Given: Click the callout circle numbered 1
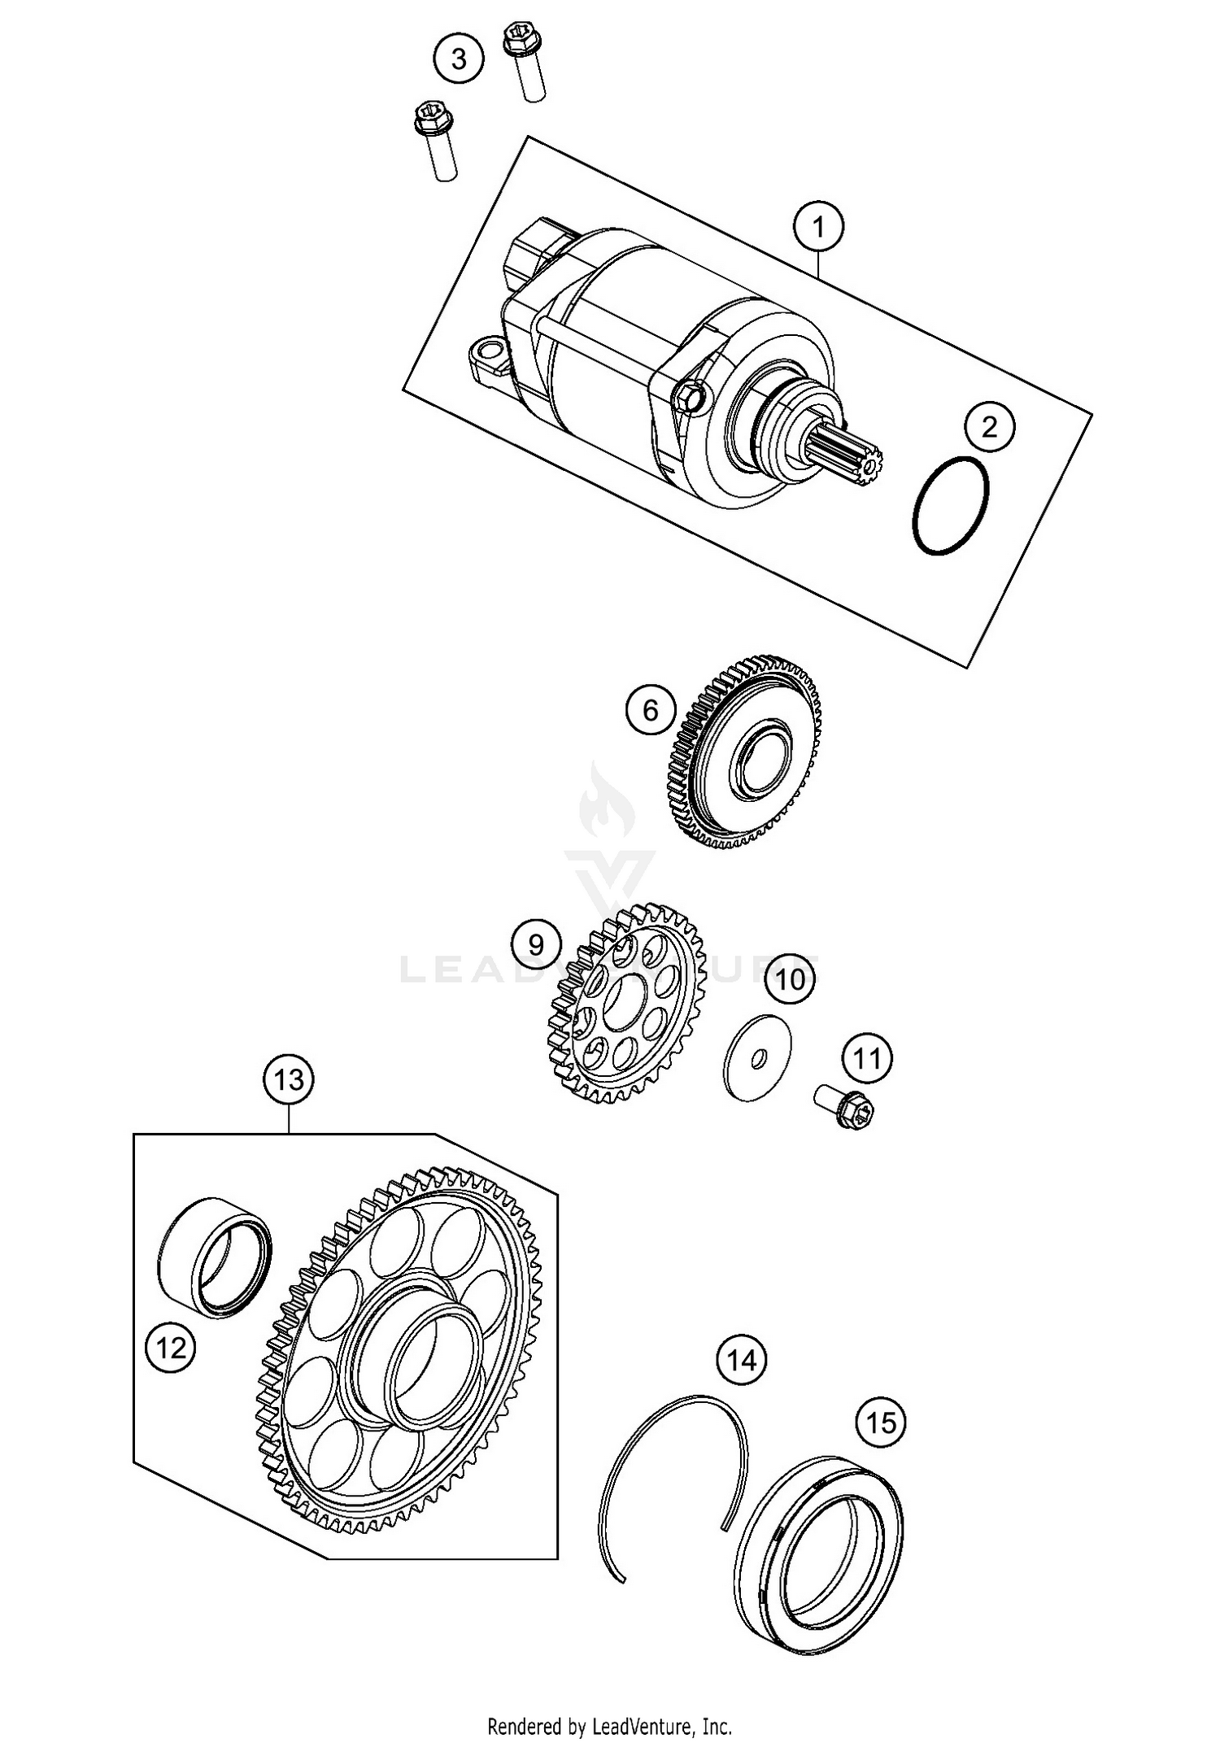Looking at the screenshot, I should click(x=819, y=227).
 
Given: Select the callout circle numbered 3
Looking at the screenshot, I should click(x=459, y=59).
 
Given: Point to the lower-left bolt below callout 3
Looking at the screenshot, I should click(x=436, y=140).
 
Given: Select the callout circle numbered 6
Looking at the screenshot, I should click(x=651, y=710).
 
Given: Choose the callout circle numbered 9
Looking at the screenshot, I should click(x=536, y=944).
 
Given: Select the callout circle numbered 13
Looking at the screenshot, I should click(x=289, y=1079).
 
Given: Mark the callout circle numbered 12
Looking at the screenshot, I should click(x=171, y=1349).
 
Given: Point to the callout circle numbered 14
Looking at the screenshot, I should click(x=741, y=1359).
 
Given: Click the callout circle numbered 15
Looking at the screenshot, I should click(x=881, y=1423).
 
